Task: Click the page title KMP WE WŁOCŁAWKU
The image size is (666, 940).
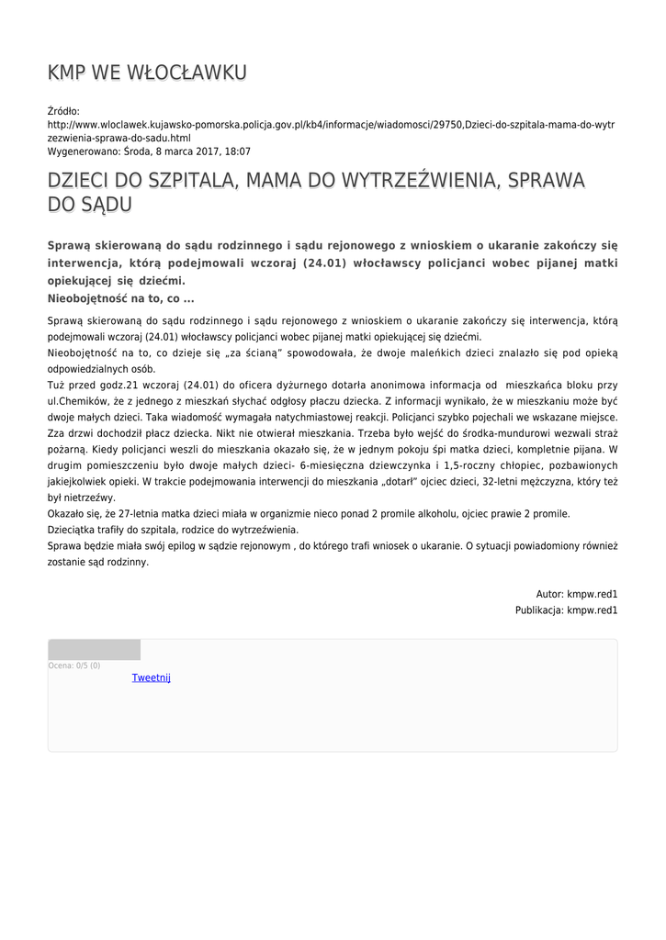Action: pos(147,73)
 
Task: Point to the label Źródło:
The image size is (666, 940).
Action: pos(63,111)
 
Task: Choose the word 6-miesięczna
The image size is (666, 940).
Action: pos(332,465)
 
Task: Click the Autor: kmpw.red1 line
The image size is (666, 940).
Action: pos(577,594)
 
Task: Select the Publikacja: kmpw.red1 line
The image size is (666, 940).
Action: pos(566,610)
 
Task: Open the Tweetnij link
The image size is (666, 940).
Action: pos(152,677)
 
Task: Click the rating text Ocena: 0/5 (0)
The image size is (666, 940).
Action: pos(74,666)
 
